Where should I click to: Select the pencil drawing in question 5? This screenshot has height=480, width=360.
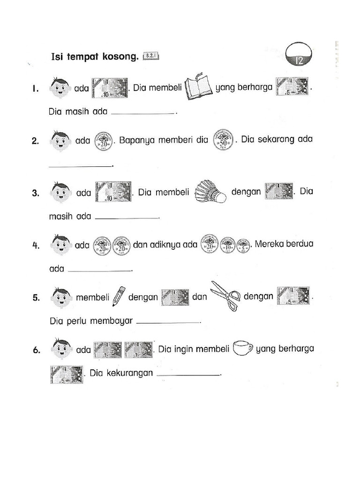pyautogui.click(x=119, y=296)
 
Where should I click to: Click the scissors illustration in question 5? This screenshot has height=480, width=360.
pyautogui.click(x=225, y=295)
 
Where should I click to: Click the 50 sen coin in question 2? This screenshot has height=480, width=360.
pyautogui.click(x=224, y=140)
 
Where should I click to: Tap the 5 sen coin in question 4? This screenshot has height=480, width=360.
pyautogui.click(x=243, y=246)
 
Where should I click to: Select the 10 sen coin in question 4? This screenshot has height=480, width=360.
pyautogui.click(x=228, y=245)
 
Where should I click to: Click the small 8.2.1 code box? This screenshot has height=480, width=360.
pyautogui.click(x=152, y=57)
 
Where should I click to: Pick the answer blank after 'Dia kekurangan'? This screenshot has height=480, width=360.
pyautogui.click(x=188, y=375)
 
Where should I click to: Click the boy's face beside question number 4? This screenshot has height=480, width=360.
pyautogui.click(x=60, y=245)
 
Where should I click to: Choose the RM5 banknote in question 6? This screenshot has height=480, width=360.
pyautogui.click(x=66, y=375)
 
